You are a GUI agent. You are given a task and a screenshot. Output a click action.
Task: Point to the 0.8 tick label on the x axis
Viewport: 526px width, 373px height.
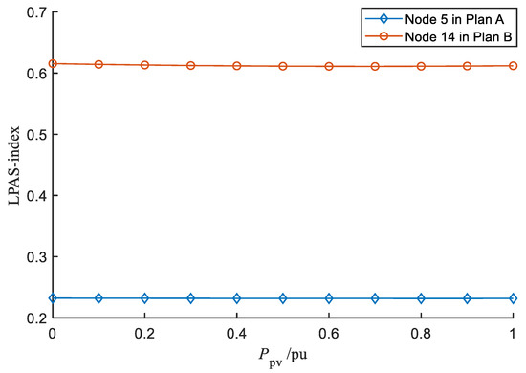(x=421, y=337)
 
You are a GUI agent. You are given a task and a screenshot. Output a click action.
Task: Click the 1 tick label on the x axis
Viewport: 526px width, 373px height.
(x=514, y=337)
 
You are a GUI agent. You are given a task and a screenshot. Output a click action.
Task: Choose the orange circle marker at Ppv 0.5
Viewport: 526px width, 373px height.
(x=283, y=66)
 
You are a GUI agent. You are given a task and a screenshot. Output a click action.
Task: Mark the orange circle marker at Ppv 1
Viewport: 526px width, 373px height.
(x=514, y=66)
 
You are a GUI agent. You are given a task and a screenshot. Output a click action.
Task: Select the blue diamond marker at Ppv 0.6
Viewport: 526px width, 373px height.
(x=329, y=298)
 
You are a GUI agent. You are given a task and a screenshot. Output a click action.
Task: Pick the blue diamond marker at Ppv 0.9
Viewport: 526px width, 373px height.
(x=468, y=298)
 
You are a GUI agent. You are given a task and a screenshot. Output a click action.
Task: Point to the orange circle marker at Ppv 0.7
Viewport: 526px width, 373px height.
(x=375, y=66)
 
